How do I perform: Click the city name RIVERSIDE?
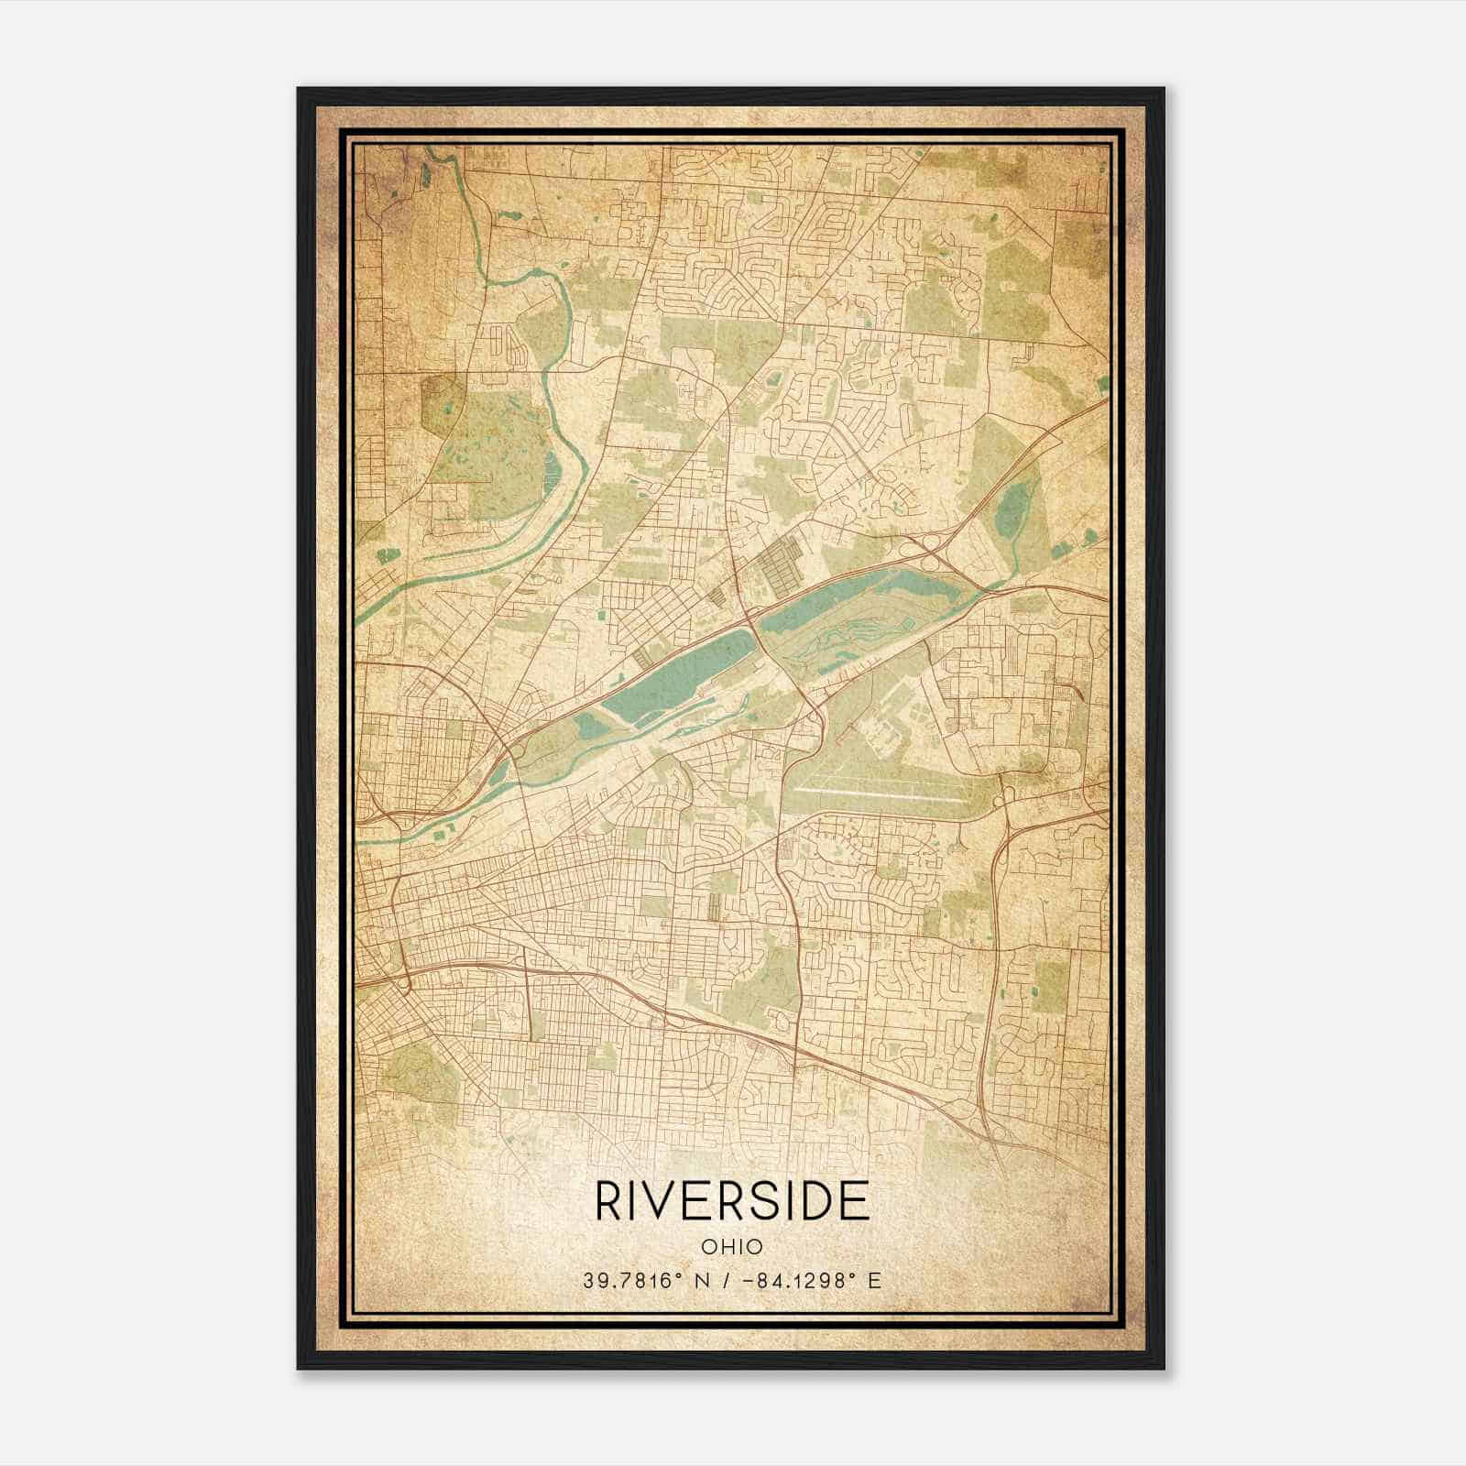[x=732, y=1200]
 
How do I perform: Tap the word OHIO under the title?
[x=732, y=1246]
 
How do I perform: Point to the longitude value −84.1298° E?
[x=805, y=1280]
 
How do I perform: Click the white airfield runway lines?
[x=880, y=793]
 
